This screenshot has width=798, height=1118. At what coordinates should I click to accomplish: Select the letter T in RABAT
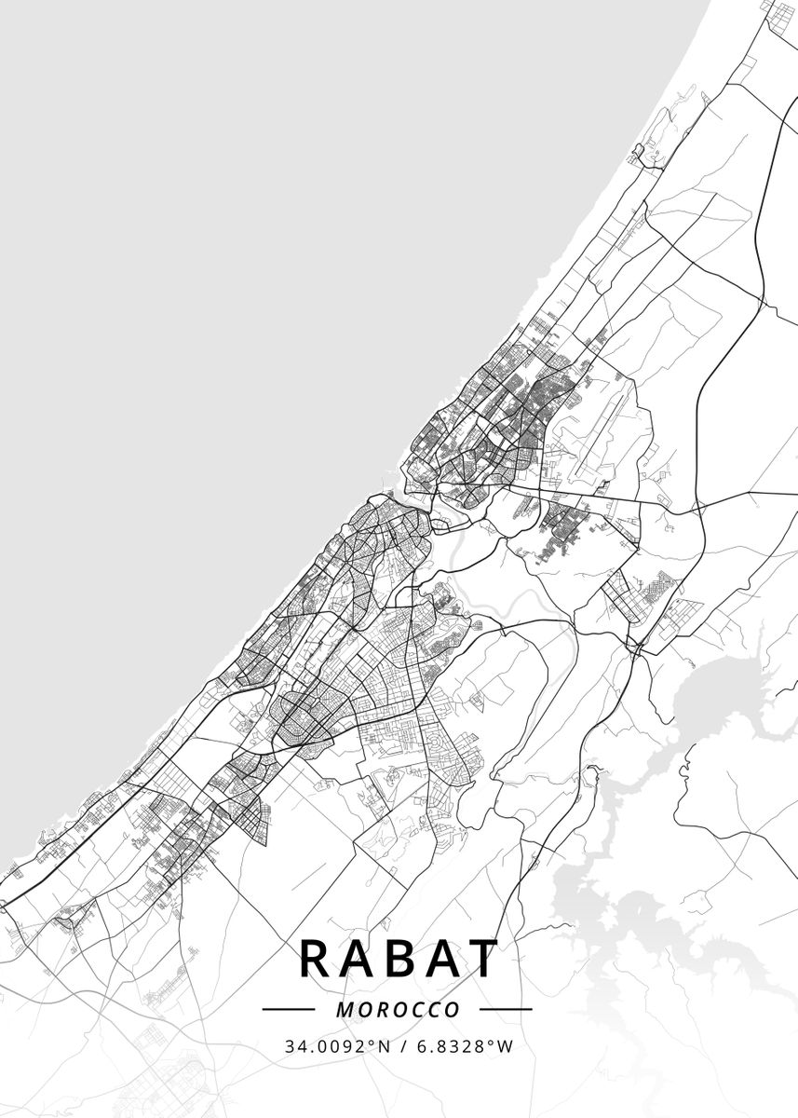click(481, 959)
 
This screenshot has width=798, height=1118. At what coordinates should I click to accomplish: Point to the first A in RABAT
click(358, 959)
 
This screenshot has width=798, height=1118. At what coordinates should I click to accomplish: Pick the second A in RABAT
click(440, 959)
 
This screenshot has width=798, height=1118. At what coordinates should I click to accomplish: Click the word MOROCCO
click(398, 1010)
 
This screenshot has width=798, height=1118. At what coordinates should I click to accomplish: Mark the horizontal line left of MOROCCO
click(290, 1009)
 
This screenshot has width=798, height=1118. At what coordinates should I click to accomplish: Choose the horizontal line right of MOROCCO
click(505, 1009)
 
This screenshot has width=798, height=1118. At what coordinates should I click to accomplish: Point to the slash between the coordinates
click(402, 1046)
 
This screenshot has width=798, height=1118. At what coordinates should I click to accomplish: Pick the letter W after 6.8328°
click(506, 1046)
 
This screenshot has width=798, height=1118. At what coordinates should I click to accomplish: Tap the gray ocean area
click(233, 233)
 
